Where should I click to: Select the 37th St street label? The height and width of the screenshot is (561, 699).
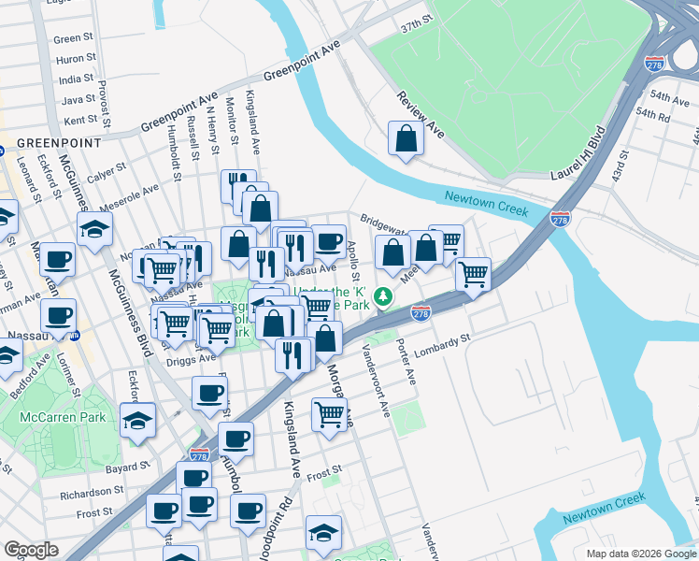[417, 21]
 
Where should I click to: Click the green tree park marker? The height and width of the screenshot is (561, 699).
[382, 297]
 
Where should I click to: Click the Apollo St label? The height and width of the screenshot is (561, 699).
[353, 262]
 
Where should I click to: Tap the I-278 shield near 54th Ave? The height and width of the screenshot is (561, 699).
[653, 65]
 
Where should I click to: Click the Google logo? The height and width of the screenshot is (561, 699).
[31, 549]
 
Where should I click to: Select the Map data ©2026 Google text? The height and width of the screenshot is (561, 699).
[640, 553]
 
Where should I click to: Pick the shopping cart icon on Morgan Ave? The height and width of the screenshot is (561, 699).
[329, 414]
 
